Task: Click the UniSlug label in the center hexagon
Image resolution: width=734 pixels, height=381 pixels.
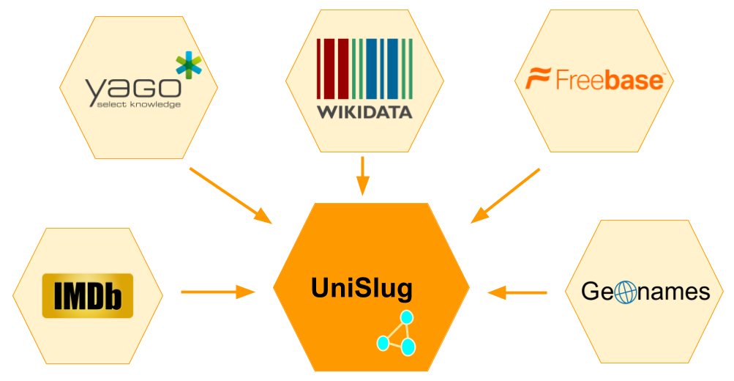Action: pyautogui.click(x=362, y=288)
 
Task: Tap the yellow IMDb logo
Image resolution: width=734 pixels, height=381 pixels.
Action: pyautogui.click(x=88, y=295)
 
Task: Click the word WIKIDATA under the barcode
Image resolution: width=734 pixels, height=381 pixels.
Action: pyautogui.click(x=364, y=112)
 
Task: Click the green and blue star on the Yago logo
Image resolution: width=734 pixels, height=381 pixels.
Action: pyautogui.click(x=188, y=66)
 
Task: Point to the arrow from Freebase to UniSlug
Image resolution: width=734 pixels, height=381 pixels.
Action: pyautogui.click(x=505, y=196)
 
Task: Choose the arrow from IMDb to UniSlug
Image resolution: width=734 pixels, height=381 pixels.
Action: pyautogui.click(x=217, y=292)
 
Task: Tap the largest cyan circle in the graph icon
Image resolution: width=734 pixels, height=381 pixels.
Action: pyautogui.click(x=407, y=346)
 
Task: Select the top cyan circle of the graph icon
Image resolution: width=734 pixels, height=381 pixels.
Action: pyautogui.click(x=407, y=318)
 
